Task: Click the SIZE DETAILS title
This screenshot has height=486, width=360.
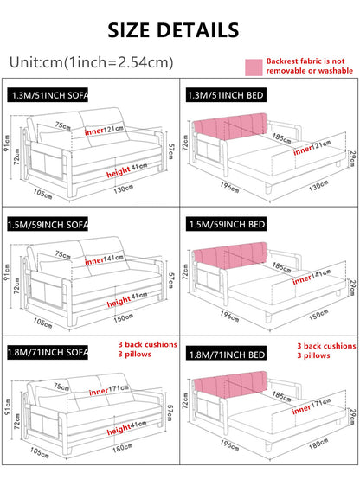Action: [x=179, y=29]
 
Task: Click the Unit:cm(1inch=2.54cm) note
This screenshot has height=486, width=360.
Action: [x=91, y=62]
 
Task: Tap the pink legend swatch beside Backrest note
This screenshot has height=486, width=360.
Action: [x=253, y=66]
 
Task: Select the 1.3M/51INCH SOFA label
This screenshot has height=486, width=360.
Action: [x=48, y=95]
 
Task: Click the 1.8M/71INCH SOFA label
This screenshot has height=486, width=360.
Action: [x=48, y=353]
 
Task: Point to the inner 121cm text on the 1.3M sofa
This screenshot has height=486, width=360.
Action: [x=105, y=131]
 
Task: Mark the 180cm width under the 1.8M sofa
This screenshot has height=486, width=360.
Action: [x=121, y=447]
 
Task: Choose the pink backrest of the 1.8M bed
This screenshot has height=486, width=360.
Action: [x=228, y=390]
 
